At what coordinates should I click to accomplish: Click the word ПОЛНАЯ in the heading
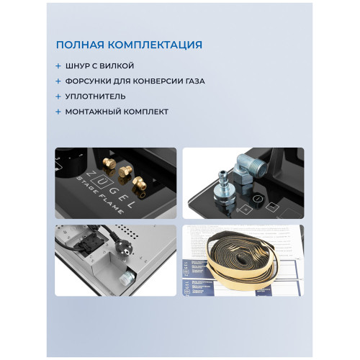coord(81,45)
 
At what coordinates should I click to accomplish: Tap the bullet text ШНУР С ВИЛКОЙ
coord(102,66)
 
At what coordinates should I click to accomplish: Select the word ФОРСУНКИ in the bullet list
coord(92,81)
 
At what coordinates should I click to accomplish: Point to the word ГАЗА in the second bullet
coord(192,81)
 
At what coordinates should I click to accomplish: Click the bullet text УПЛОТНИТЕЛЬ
coord(96,96)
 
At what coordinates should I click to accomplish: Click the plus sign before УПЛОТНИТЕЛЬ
coord(58,96)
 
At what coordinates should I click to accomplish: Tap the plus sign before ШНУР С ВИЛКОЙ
coord(58,66)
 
